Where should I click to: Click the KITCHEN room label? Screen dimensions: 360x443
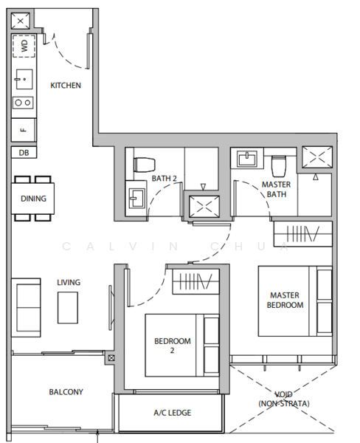point(66,86)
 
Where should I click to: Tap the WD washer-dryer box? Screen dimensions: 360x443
point(24,46)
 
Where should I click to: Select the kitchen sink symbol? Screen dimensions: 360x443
point(24,80)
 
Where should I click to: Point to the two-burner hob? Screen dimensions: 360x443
point(23,103)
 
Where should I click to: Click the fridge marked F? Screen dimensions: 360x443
point(24,130)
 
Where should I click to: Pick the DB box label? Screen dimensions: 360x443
point(24,153)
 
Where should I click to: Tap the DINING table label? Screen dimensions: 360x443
point(33,199)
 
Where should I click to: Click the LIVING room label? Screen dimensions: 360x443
point(69,282)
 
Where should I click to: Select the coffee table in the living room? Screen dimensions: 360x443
point(68,308)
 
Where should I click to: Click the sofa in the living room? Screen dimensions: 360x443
point(26,308)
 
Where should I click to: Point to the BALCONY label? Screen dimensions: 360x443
point(66,392)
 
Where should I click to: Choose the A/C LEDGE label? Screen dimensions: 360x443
point(172,413)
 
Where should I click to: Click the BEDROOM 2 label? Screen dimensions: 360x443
point(172,346)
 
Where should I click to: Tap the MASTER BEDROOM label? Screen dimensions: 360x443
point(285,300)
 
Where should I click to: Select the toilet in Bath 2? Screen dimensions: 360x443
point(145,165)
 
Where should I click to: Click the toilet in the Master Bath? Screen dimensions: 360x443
point(279,166)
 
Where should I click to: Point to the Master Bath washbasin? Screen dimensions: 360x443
point(247,159)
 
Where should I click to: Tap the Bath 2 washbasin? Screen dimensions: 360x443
point(136,198)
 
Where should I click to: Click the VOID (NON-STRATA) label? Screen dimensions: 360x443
point(284,399)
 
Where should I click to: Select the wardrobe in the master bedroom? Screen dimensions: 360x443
point(302,234)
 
